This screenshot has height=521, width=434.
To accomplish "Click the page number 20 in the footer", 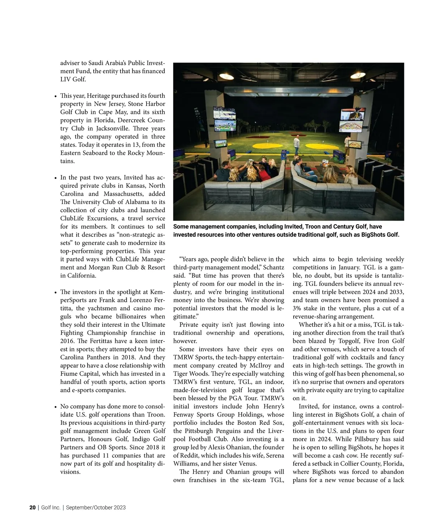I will point(33,507).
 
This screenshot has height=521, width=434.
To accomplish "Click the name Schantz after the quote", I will point(274,267).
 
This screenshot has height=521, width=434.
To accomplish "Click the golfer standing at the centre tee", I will point(297,144).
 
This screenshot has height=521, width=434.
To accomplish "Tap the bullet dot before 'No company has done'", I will point(55,407).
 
